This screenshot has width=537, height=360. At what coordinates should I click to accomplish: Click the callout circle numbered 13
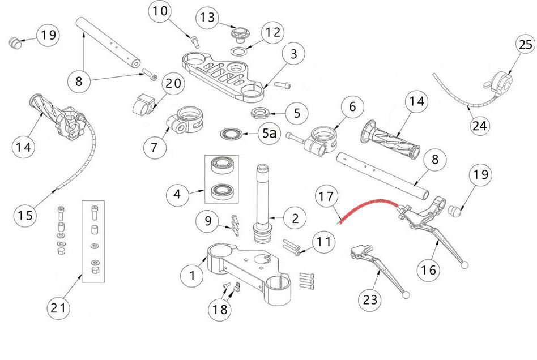click(x=208, y=18)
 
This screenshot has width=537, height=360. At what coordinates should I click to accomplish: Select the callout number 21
click(x=59, y=308)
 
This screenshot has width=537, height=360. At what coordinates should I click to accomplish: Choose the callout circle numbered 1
click(x=192, y=276)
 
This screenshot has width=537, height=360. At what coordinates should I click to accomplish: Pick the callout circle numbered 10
click(x=161, y=11)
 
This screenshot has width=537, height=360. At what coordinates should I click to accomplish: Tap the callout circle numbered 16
click(x=430, y=270)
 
